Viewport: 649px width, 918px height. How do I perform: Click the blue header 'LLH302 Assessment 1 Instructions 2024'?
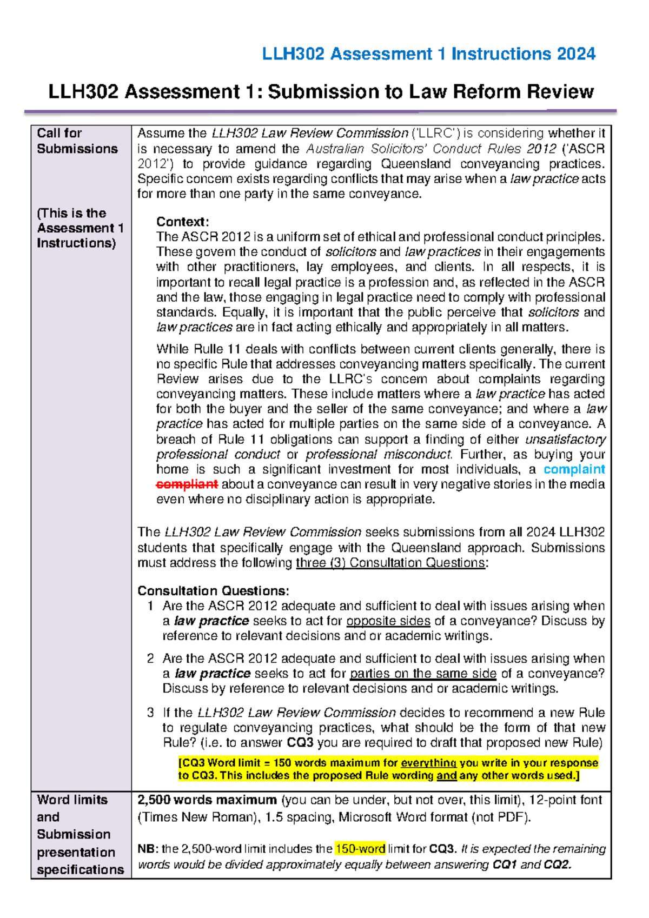click(x=428, y=54)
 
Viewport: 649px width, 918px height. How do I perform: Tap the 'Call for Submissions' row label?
click(x=77, y=141)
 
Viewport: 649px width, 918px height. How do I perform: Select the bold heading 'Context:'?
click(x=182, y=222)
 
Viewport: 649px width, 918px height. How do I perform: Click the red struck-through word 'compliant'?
click(x=187, y=484)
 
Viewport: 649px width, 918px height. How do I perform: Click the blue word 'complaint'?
click(x=574, y=469)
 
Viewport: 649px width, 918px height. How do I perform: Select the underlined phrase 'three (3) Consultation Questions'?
click(x=390, y=563)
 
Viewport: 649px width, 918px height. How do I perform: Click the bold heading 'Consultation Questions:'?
click(x=213, y=590)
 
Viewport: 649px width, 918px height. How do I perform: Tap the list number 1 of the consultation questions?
click(x=150, y=606)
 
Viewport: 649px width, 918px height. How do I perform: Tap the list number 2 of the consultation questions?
click(x=150, y=658)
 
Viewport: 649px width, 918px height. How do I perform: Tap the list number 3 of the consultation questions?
click(x=150, y=713)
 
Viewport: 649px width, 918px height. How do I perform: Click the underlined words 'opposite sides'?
click(x=388, y=621)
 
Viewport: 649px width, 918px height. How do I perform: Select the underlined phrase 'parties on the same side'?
click(x=423, y=674)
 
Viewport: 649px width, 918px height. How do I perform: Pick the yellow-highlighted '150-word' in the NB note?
click(x=360, y=849)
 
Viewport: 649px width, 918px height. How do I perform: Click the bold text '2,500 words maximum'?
click(x=207, y=800)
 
